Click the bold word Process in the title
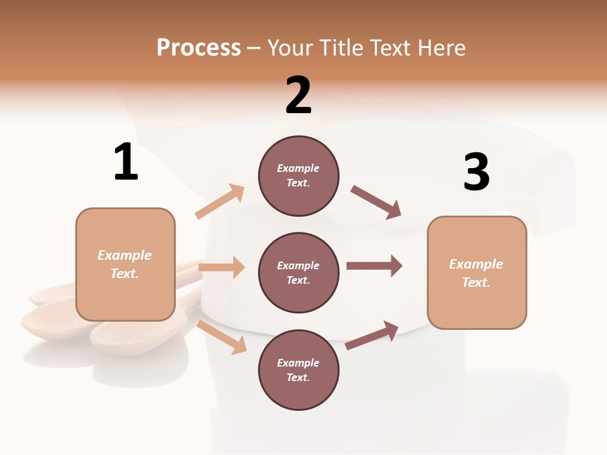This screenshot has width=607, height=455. (x=199, y=47)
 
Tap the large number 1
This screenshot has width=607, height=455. (x=126, y=162)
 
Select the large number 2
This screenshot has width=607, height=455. (x=298, y=95)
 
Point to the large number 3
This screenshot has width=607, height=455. (x=476, y=172)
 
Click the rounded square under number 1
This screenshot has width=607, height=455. (x=125, y=264)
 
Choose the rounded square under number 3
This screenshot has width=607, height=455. (x=477, y=272)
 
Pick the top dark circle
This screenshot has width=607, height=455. (x=298, y=176)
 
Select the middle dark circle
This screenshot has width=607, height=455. (x=298, y=272)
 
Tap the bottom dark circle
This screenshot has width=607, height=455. (x=298, y=370)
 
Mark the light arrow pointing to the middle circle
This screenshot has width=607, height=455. (x=221, y=267)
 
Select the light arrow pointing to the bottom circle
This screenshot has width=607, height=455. (x=222, y=336)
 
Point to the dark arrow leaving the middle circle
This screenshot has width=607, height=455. (x=374, y=266)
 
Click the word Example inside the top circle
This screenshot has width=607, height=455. (x=298, y=168)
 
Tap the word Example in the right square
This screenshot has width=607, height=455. (x=476, y=264)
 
